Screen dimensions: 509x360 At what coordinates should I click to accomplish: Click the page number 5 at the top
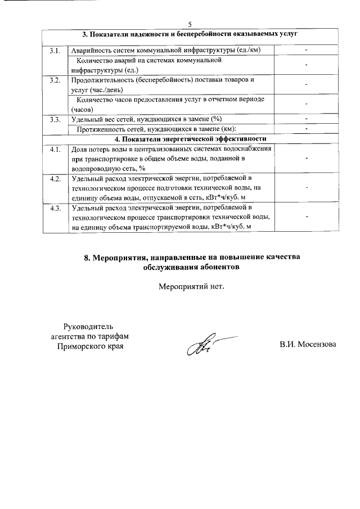190,24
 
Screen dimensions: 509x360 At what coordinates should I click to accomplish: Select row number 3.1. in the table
54,51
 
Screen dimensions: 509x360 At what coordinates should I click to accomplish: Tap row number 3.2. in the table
54,80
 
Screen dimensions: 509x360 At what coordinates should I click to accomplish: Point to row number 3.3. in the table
54,119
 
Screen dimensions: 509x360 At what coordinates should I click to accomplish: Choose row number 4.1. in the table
54,149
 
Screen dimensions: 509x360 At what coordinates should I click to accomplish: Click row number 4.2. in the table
54,179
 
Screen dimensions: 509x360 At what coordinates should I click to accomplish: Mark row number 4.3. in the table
54,209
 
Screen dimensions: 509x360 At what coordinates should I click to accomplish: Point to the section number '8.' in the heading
88,257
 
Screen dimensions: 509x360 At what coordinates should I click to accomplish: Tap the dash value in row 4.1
307,159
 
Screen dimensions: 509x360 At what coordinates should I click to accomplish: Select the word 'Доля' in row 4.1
78,149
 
